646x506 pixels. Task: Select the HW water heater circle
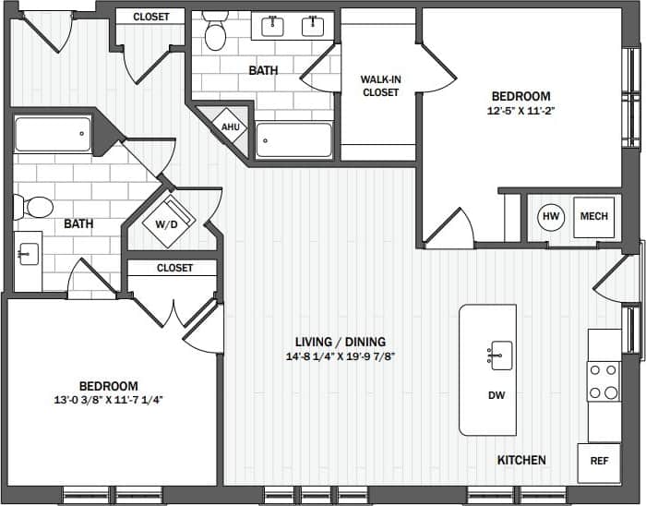(x=551, y=217)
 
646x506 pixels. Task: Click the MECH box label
(x=593, y=217)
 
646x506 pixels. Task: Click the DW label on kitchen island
(x=496, y=395)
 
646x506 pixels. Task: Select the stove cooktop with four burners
(x=604, y=381)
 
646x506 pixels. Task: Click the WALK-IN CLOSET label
(x=379, y=86)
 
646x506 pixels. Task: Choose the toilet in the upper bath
(x=216, y=33)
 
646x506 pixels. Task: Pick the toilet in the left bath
(x=36, y=206)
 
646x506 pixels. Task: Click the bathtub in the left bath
(x=53, y=135)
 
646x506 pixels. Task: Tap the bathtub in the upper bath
(x=293, y=141)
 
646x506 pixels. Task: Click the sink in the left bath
(x=28, y=251)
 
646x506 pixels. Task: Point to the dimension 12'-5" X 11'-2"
(x=520, y=111)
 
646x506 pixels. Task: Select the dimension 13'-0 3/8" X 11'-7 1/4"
(x=108, y=400)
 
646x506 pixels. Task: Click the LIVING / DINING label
(x=334, y=341)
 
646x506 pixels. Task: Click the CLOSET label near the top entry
(x=150, y=17)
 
